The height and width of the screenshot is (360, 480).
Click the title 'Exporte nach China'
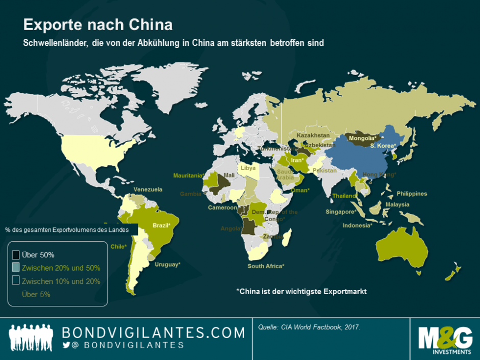98,25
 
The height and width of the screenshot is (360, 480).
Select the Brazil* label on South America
165,225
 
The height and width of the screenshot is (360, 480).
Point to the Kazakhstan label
313,135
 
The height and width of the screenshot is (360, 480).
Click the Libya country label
248,168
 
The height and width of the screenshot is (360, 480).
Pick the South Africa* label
266,266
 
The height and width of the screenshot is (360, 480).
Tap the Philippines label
412,194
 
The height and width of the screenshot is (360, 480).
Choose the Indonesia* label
357,225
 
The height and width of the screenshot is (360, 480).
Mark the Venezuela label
148,189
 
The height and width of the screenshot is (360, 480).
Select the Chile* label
118,246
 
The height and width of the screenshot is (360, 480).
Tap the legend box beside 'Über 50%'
15,255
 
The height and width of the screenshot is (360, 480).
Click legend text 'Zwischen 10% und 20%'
61,281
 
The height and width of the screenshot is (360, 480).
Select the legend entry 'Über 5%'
36,294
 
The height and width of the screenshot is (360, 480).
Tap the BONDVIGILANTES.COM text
153,333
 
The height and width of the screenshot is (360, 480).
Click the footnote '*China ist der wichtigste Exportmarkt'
302,291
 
